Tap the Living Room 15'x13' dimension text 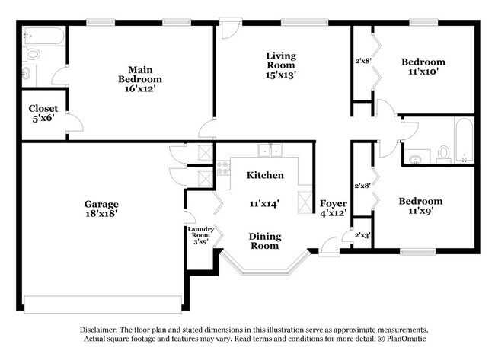(280, 75)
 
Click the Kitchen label (265, 175)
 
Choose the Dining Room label (264, 241)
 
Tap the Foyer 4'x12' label (333, 209)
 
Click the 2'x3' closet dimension (364, 236)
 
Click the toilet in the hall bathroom (443, 155)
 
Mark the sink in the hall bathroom (416, 159)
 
